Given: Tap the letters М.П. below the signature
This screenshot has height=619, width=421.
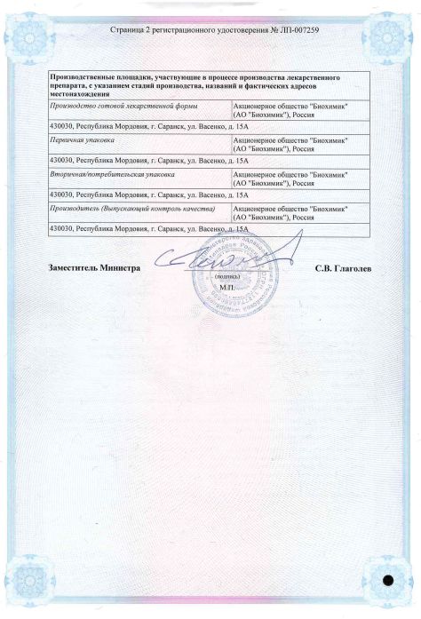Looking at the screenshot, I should [x=225, y=289].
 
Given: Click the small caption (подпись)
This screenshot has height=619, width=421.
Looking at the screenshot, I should [x=225, y=278].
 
